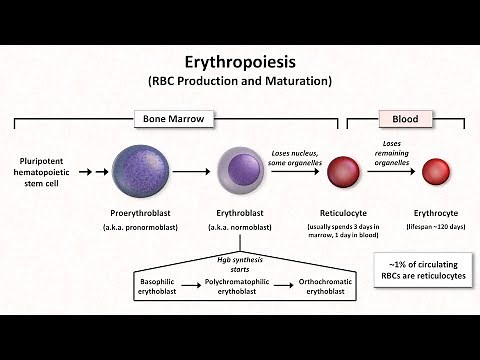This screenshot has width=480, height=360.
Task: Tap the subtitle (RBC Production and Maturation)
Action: [x=239, y=80]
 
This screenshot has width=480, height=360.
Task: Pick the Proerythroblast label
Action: [x=141, y=214]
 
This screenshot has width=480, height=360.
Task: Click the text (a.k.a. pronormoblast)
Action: [x=141, y=229]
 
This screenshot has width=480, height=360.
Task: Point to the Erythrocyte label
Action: [x=436, y=214]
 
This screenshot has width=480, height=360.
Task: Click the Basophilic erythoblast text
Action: [x=161, y=288]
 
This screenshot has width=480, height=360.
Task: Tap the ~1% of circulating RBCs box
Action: [x=420, y=269]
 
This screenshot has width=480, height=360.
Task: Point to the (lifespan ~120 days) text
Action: [x=436, y=229]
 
